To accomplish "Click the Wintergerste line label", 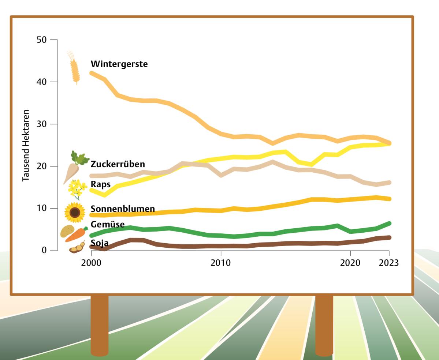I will [119, 64].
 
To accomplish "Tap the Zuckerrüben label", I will [118, 164].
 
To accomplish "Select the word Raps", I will [100, 184].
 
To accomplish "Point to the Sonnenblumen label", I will [122, 209].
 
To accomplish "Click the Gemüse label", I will [107, 224].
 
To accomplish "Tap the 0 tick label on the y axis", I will [44, 251].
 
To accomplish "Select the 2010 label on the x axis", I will [220, 263].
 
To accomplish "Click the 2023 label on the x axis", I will [388, 263].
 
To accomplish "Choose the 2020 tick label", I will [350, 263].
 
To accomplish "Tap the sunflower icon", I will [75, 212].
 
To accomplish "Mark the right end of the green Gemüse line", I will [389, 223].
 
